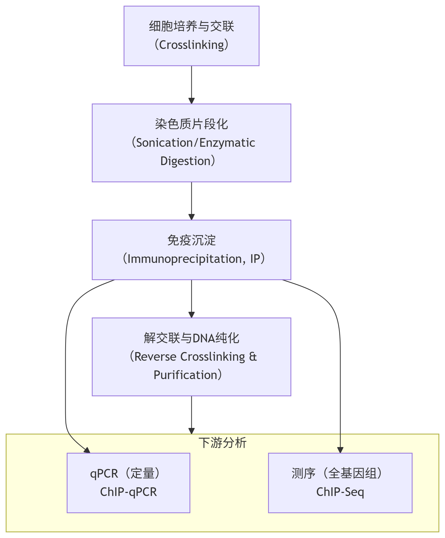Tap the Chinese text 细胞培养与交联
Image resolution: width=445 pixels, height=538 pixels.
pyautogui.click(x=191, y=26)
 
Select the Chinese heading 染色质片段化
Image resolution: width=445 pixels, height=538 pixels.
pyautogui.click(x=191, y=124)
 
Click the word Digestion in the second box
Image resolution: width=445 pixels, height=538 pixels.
pyautogui.click(x=185, y=161)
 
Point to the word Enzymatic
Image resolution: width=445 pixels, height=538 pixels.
pyautogui.click(x=227, y=143)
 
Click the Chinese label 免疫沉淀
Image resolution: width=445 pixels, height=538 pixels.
pyautogui.click(x=191, y=240)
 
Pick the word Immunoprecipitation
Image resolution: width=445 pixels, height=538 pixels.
pyautogui.click(x=184, y=259)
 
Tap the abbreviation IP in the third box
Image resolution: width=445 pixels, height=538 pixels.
pyautogui.click(x=255, y=259)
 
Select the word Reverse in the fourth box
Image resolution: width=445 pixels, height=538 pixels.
pyautogui.click(x=155, y=357)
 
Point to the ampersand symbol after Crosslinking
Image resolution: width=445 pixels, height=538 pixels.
pyautogui.click(x=253, y=357)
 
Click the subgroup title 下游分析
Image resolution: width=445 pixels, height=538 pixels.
pyautogui.click(x=222, y=443)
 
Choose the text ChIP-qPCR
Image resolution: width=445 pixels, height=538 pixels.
pyautogui.click(x=128, y=492)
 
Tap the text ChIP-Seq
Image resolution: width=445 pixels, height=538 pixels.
pyautogui.click(x=340, y=492)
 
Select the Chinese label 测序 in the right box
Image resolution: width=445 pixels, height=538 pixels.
pyautogui.click(x=303, y=474)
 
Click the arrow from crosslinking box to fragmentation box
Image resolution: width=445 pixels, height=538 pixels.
pyautogui.click(x=191, y=85)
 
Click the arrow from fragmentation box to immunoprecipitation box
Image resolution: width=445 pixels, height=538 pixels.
pyautogui.click(x=191, y=201)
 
